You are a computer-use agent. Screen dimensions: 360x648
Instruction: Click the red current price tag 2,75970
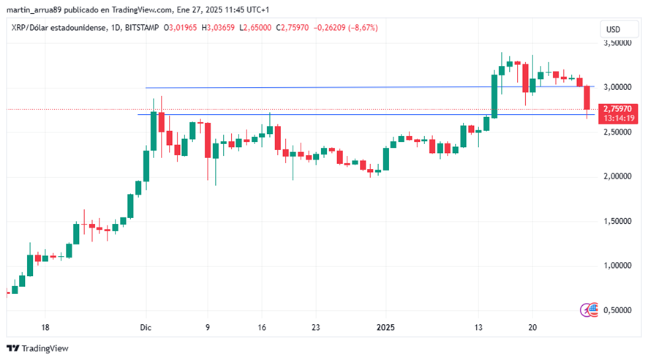click(618, 108)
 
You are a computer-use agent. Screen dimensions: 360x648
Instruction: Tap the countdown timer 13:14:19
click(618, 118)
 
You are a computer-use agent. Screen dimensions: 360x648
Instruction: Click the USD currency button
click(613, 29)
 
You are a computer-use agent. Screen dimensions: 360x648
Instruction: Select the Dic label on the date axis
click(146, 329)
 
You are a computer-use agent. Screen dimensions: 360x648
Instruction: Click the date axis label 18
click(45, 329)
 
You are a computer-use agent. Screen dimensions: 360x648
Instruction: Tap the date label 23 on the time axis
click(315, 329)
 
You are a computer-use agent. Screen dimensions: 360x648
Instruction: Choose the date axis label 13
click(479, 329)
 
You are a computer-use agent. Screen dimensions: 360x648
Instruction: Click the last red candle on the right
click(587, 98)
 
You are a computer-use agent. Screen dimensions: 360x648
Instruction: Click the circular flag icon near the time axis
click(589, 310)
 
